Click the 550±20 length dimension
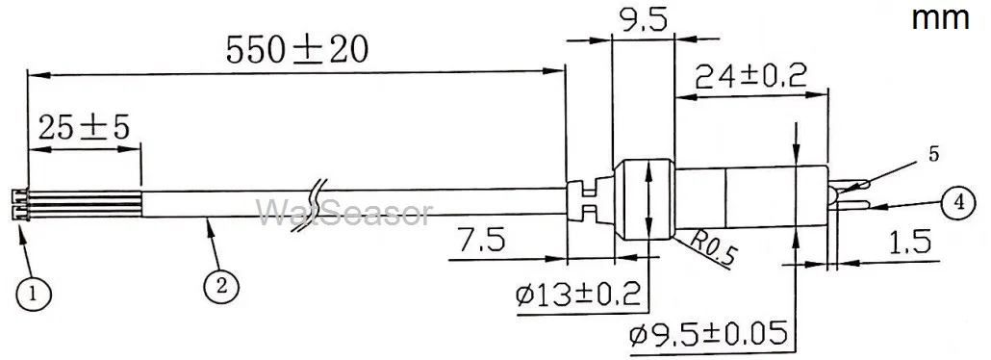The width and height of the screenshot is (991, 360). (296, 50)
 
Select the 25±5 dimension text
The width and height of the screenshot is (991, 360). (84, 128)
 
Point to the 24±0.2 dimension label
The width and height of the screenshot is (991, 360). (750, 77)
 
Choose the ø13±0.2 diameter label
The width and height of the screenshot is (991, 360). (577, 295)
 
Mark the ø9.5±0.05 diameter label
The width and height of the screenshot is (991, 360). (708, 333)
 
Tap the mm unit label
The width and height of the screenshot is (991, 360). (940, 18)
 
